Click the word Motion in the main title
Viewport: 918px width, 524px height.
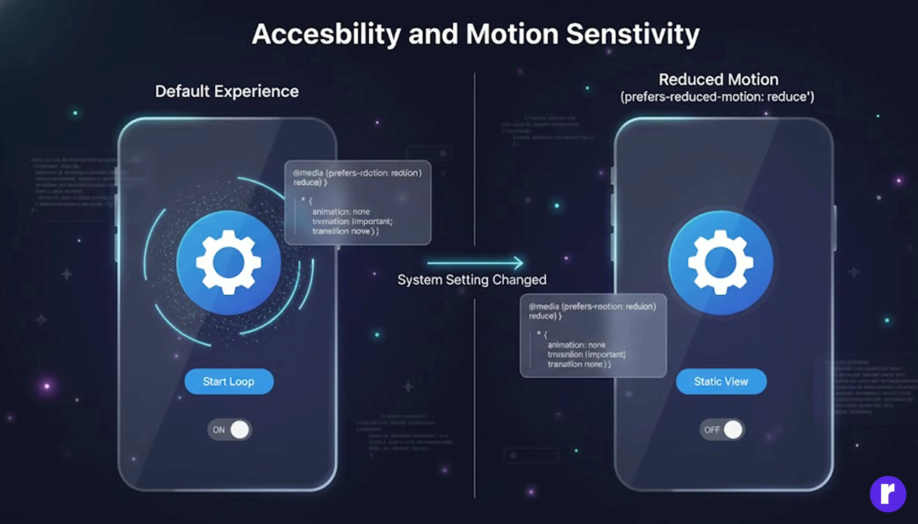pyautogui.click(x=512, y=34)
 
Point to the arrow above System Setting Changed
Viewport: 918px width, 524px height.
pyautogui.click(x=475, y=263)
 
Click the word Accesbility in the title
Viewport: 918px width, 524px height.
pyautogui.click(x=326, y=34)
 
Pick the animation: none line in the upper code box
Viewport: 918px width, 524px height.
pyautogui.click(x=341, y=212)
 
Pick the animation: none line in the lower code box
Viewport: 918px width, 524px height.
pyautogui.click(x=576, y=345)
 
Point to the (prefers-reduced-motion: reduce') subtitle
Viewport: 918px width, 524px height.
pyautogui.click(x=717, y=97)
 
